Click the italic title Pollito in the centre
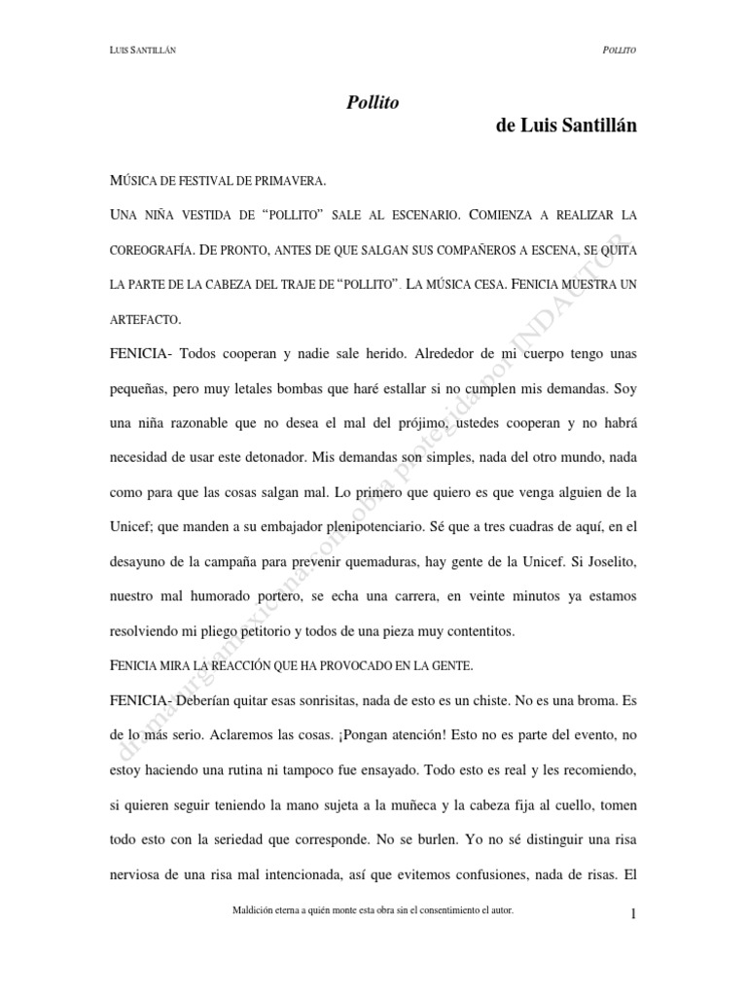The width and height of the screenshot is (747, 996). click(373, 102)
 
